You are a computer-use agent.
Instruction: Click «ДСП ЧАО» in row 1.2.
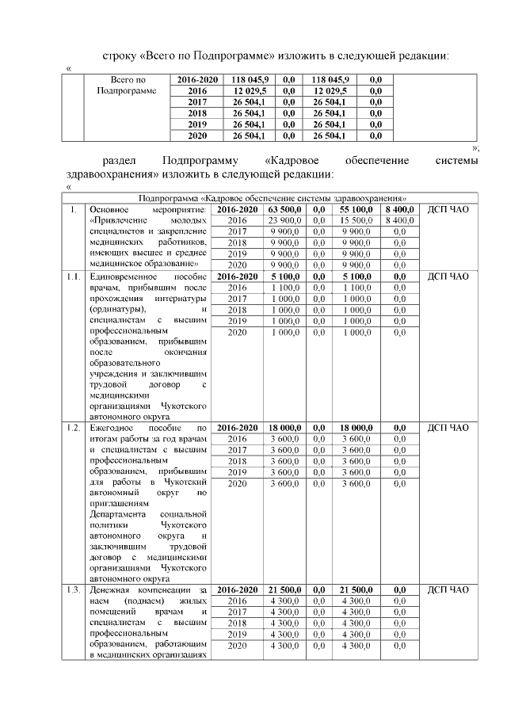pyautogui.click(x=448, y=428)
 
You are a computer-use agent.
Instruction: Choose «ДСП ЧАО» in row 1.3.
pyautogui.click(x=448, y=590)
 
